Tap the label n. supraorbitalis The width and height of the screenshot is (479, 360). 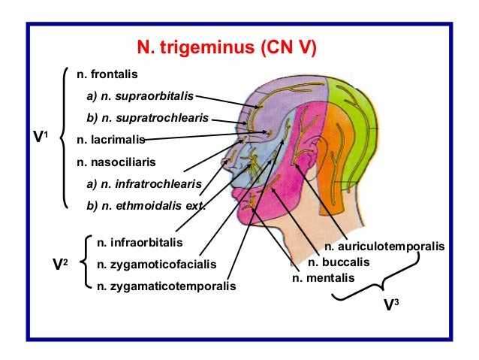pyautogui.click(x=140, y=96)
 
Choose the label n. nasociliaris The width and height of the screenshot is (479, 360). pyautogui.click(x=114, y=161)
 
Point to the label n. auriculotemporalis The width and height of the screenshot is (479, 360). pyautogui.click(x=384, y=246)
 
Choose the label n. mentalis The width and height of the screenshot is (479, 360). pyautogui.click(x=324, y=278)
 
